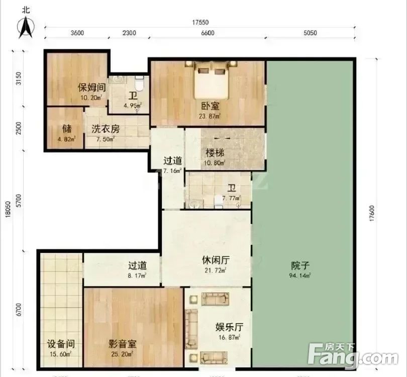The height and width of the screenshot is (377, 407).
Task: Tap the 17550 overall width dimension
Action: [x=200, y=23]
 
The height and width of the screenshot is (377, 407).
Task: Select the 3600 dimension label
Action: [x=77, y=33]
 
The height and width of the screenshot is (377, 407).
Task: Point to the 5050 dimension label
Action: [x=310, y=33]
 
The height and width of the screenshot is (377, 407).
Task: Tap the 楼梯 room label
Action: [x=215, y=153]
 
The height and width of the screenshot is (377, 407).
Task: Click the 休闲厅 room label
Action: [x=216, y=260]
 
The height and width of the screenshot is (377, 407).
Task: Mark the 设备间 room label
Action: [x=61, y=344]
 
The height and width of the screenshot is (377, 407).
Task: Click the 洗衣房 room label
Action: [x=106, y=129]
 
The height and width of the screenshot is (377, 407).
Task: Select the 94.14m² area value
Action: [x=300, y=275]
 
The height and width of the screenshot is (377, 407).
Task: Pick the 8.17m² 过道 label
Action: [x=137, y=275]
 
